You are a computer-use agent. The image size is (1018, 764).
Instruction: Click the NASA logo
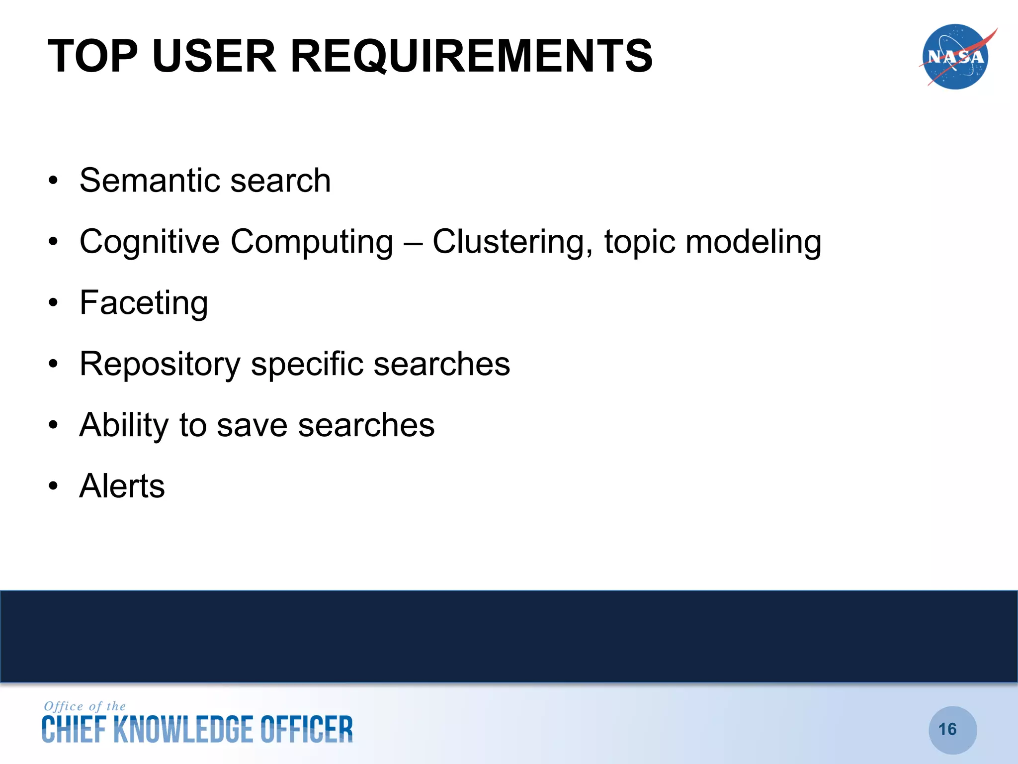point(955,57)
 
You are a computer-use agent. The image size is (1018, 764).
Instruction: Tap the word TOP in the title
point(92,56)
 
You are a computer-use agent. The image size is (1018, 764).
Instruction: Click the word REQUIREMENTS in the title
point(471,56)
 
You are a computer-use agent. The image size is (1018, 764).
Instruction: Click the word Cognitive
point(149,242)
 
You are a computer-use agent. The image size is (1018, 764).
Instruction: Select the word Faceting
point(144,303)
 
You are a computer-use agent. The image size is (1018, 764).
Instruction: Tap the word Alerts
point(122,486)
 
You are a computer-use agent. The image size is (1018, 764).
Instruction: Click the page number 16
point(947,729)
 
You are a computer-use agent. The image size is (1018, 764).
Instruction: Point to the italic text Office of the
point(85,706)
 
